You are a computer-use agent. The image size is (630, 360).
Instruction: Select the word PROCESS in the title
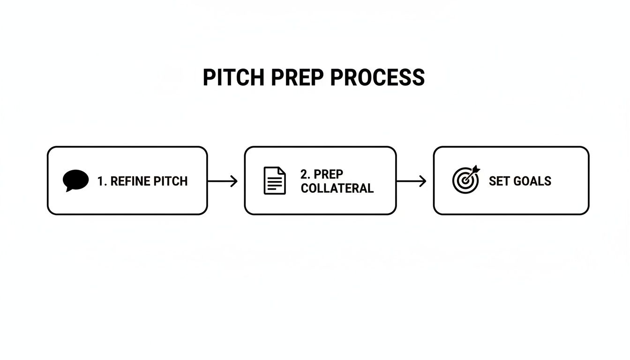pyautogui.click(x=378, y=77)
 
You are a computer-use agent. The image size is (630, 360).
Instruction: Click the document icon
pyautogui.click(x=275, y=180)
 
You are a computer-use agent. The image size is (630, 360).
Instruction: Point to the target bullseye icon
pyautogui.click(x=465, y=180)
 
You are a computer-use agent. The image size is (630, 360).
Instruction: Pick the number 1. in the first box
pyautogui.click(x=102, y=181)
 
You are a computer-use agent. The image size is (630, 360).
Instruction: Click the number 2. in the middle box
pyautogui.click(x=305, y=174)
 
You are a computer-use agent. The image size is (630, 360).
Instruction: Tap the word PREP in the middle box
pyautogui.click(x=329, y=174)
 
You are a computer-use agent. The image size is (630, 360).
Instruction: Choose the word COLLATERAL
pyautogui.click(x=337, y=188)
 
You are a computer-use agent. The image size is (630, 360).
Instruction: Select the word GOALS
pyautogui.click(x=532, y=181)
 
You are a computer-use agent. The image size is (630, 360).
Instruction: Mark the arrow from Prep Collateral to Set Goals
pyautogui.click(x=411, y=181)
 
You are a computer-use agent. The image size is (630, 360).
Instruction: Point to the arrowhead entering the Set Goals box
pyautogui.click(x=423, y=181)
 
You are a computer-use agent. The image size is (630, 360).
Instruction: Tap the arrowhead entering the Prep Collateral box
pyautogui.click(x=235, y=181)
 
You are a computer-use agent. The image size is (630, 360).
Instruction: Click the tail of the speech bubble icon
pyautogui.click(x=69, y=189)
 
